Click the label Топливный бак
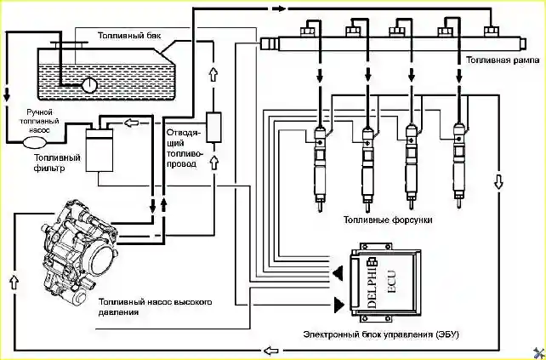[x=129, y=36]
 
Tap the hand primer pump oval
[x=35, y=142]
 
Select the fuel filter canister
[x=100, y=149]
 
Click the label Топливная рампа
[x=503, y=60]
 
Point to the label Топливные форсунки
[x=388, y=220]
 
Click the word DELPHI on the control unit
[x=372, y=283]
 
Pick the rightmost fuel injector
[x=459, y=164]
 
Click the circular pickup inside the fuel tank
[x=89, y=85]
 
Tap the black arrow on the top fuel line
[x=279, y=9]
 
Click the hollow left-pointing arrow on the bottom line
[x=271, y=350]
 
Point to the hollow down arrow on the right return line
[x=498, y=181]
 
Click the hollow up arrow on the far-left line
[x=14, y=281]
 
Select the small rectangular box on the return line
[x=213, y=127]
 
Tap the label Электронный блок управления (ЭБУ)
[x=381, y=334]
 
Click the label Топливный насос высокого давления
[x=156, y=306]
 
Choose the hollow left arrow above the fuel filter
[x=131, y=123]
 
